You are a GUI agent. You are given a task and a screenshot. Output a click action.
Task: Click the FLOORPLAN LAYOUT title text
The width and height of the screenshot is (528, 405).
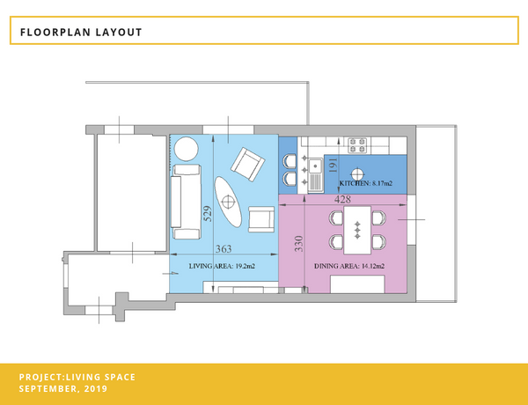point(81,33)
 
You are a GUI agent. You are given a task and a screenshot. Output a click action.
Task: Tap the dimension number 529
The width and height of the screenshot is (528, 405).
point(208,214)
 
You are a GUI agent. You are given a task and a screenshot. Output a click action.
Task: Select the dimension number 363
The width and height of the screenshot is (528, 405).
point(224,249)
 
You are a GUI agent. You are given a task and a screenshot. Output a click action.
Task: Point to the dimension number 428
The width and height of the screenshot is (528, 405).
point(342,200)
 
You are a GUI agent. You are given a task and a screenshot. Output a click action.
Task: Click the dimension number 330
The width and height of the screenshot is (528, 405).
point(298,244)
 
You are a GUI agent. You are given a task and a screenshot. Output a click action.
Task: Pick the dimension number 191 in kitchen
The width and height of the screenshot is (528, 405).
point(333,166)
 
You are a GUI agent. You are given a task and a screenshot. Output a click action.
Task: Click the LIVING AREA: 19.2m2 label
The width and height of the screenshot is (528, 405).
point(222,266)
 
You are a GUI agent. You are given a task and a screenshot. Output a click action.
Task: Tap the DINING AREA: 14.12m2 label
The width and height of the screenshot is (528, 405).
point(349,266)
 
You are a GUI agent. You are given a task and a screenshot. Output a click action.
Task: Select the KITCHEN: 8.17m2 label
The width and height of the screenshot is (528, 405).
point(366,184)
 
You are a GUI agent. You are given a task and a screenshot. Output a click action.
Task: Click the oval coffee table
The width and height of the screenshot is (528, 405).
point(228,202)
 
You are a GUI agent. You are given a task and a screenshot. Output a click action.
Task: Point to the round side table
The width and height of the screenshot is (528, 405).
point(186,149)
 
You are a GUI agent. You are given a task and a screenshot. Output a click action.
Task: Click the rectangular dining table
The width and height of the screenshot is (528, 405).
point(357,230)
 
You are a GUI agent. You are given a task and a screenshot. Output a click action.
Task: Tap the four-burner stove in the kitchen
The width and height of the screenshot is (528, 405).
point(357,145)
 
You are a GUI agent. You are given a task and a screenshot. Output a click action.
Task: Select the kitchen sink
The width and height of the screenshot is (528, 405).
point(315,175)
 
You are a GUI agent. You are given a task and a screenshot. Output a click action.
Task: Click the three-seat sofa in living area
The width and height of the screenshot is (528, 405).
point(187,202)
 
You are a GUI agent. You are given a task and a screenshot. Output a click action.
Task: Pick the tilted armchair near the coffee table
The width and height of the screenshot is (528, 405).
point(247,165)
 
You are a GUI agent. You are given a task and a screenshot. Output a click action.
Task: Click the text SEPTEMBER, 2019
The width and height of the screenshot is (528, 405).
point(63,388)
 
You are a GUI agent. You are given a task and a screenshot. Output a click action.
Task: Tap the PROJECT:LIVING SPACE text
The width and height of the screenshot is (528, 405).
point(77,377)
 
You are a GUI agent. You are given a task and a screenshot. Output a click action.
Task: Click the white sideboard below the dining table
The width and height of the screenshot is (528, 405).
point(357,284)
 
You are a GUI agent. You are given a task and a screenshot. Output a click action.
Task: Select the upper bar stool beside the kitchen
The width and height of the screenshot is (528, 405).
point(290,161)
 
